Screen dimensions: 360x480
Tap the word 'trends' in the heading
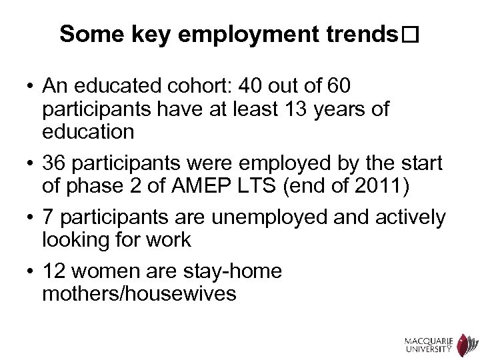[x=360, y=35]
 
